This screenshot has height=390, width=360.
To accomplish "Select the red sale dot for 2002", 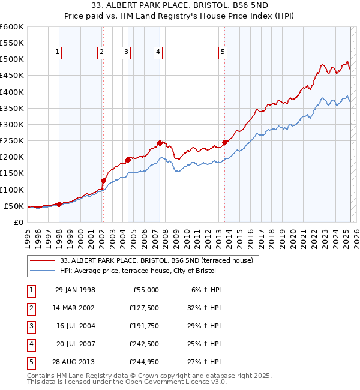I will click(x=103, y=181).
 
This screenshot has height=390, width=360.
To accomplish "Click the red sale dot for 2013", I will click(x=225, y=142).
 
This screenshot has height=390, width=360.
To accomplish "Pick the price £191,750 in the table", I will click(x=143, y=326).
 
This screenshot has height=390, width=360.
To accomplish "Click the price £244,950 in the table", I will click(x=143, y=362).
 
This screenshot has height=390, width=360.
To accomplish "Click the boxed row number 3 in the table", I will click(x=31, y=326).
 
